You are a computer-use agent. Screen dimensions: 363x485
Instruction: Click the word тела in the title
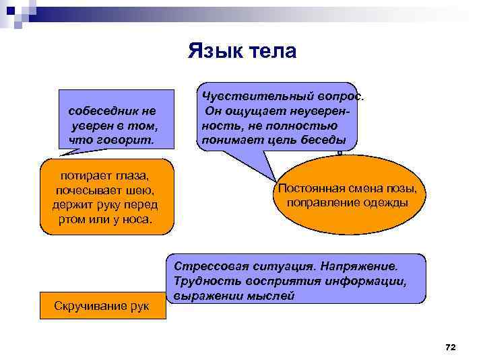tap(272, 51)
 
